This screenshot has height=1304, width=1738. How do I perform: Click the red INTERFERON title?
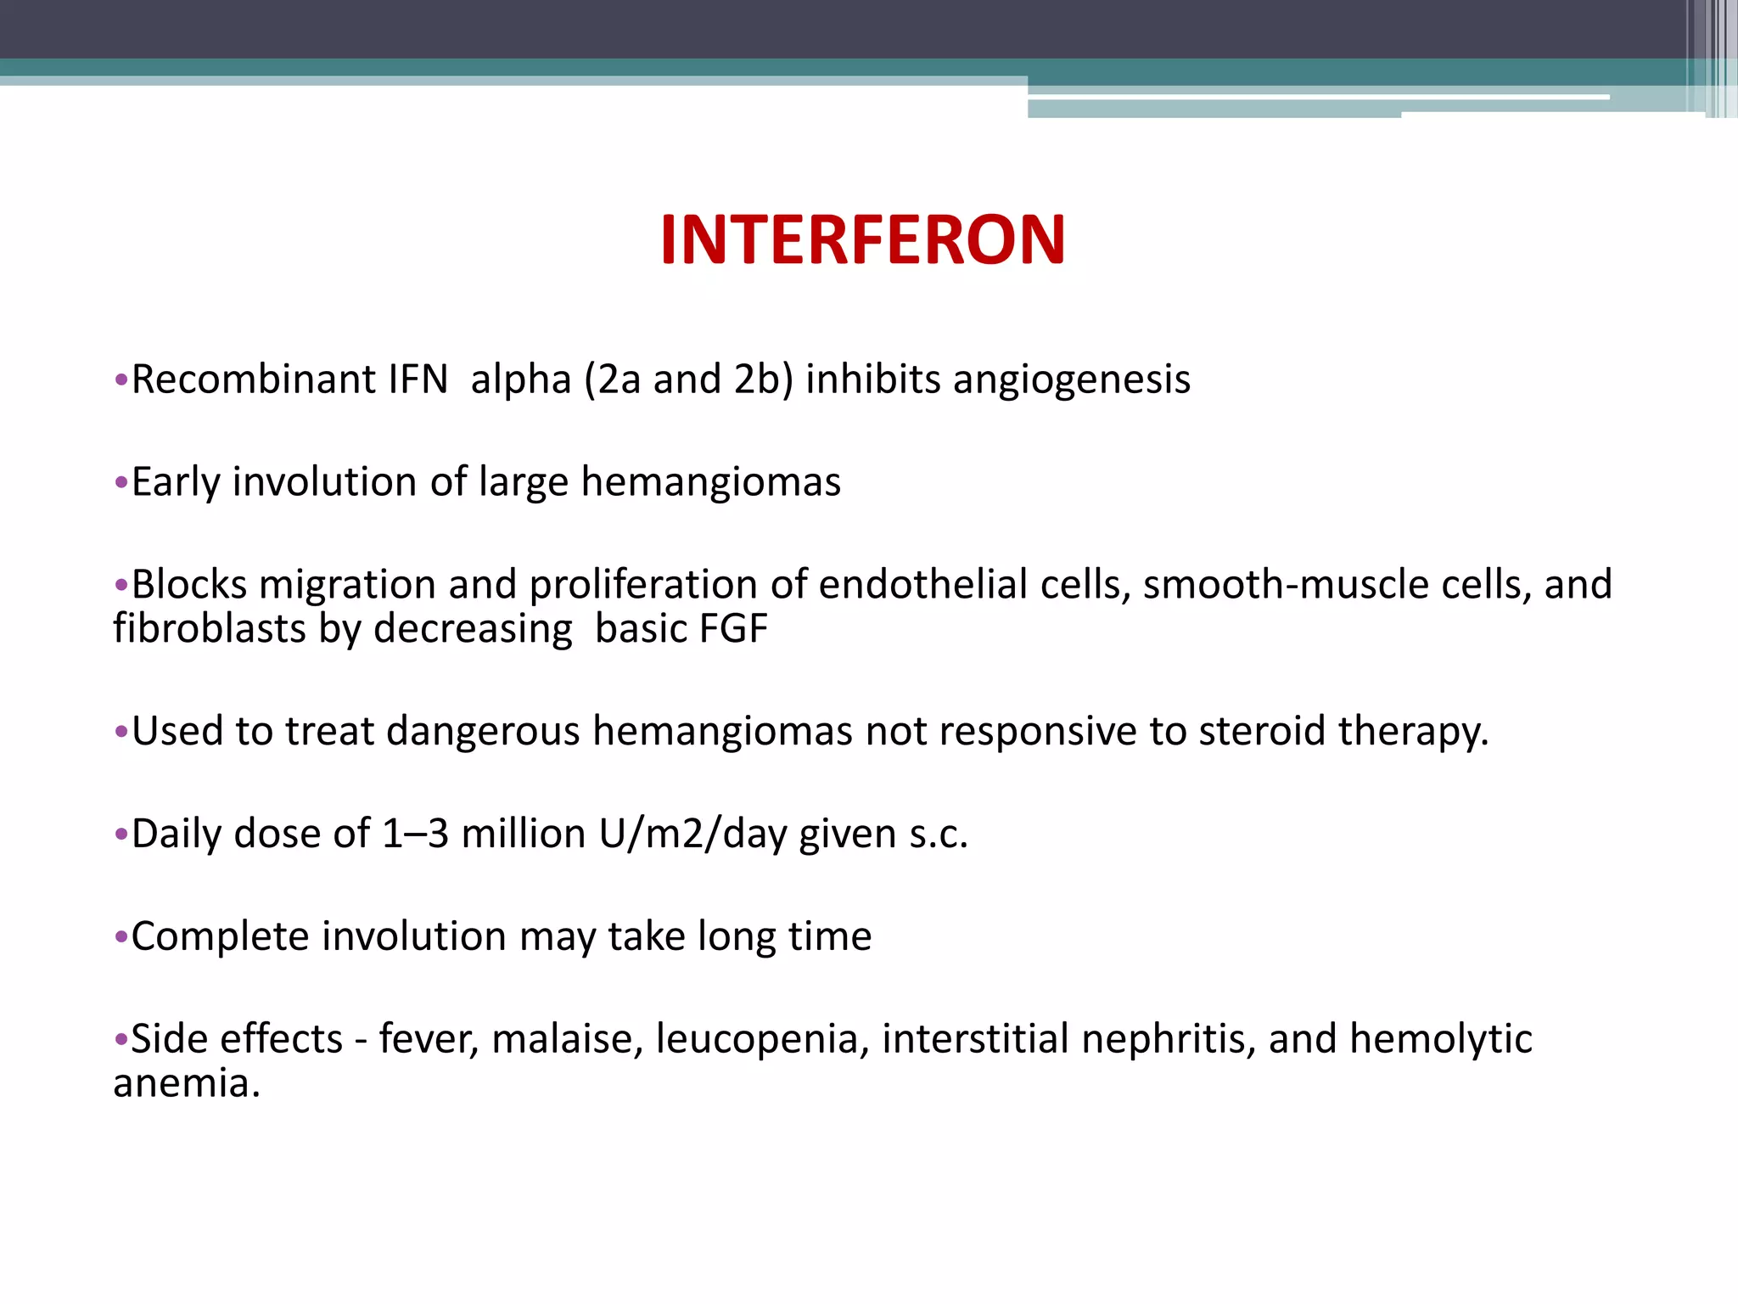point(862,240)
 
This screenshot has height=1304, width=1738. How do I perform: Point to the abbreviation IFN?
point(418,379)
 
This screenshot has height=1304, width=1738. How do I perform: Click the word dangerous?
point(483,731)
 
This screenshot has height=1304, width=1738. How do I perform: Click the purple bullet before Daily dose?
point(121,835)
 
